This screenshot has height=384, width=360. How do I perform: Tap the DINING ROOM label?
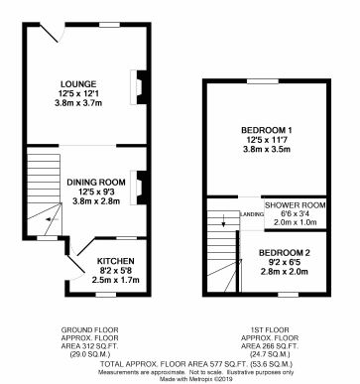click(x=95, y=182)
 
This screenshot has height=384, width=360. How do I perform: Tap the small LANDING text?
click(x=253, y=214)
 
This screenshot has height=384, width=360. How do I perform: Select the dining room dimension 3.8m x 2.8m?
click(x=95, y=201)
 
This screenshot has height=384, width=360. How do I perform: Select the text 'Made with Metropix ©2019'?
click(x=180, y=378)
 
